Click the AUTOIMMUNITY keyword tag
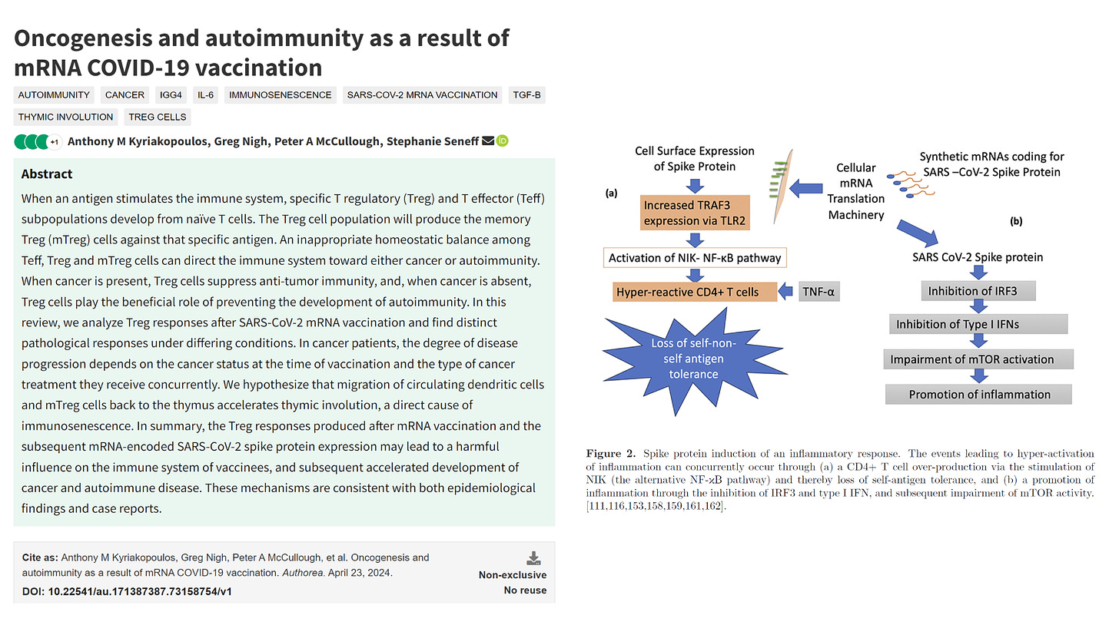[55, 95]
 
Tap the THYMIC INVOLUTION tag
[66, 117]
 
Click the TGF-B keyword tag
[527, 95]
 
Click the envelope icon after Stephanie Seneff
[487, 141]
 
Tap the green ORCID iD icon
[503, 141]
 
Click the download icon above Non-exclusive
[533, 558]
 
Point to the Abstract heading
[47, 174]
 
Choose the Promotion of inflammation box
[979, 395]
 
